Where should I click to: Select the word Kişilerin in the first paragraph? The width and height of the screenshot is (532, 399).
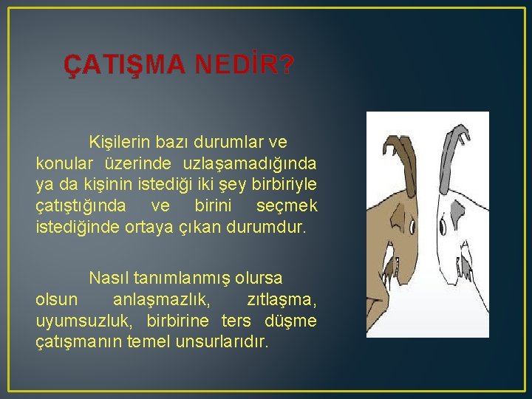click(121, 140)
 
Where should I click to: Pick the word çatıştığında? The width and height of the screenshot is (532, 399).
click(81, 205)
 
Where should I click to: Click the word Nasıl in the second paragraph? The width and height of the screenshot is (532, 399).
click(108, 278)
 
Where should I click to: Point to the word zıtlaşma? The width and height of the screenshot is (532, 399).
click(281, 300)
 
